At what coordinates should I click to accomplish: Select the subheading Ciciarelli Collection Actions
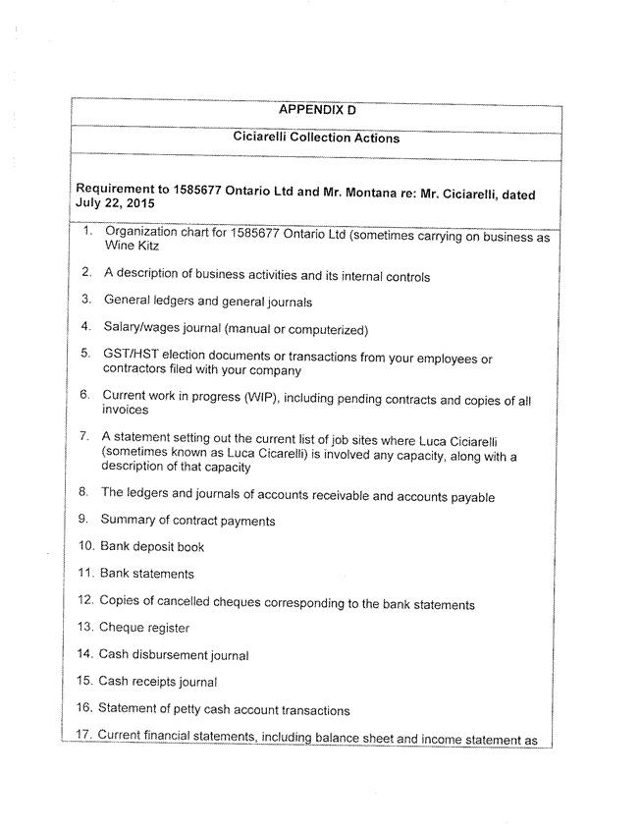[x=316, y=139]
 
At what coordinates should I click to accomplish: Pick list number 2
[x=86, y=272]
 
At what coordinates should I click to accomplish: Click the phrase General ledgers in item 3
[x=146, y=301]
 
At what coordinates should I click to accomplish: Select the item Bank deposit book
[x=152, y=547]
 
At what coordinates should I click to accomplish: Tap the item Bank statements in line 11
[x=147, y=574]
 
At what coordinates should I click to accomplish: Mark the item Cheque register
[x=144, y=628]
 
